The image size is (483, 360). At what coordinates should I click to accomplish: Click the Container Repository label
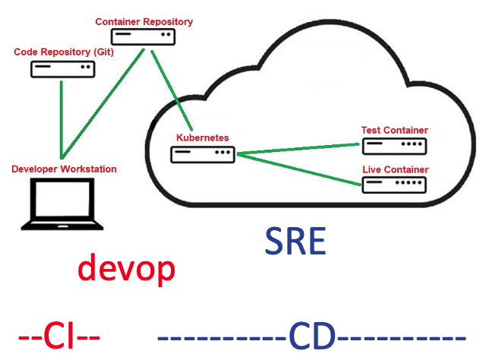(144, 22)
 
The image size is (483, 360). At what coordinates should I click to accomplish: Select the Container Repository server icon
(144, 36)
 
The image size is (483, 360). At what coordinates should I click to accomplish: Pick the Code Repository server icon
(63, 69)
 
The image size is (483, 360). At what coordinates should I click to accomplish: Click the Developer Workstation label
(65, 169)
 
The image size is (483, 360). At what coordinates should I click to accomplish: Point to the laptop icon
(62, 203)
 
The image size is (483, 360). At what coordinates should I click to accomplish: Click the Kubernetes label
(202, 137)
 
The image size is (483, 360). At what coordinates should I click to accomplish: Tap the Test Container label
(394, 130)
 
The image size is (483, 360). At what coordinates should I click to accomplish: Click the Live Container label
(394, 169)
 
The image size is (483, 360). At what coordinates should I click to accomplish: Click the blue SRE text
(295, 242)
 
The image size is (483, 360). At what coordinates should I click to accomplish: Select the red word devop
(126, 270)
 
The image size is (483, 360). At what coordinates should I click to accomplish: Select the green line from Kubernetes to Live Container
(298, 169)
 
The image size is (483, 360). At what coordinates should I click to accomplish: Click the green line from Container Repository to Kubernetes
(172, 89)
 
